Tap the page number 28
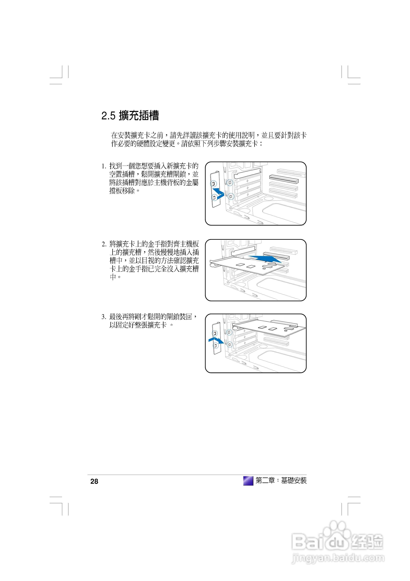point(94,481)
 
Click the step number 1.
point(103,166)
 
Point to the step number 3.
point(103,317)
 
